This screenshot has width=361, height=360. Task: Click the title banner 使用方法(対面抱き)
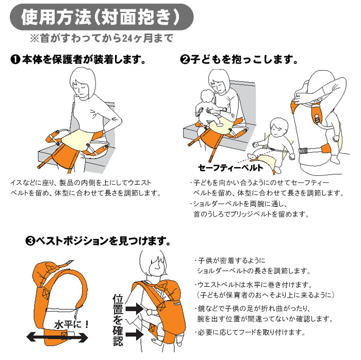pos(101,17)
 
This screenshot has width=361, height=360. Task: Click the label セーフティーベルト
pos(231,168)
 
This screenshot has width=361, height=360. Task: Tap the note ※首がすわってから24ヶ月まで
pos(101,39)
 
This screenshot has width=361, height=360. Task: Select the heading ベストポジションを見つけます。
pos(103,241)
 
